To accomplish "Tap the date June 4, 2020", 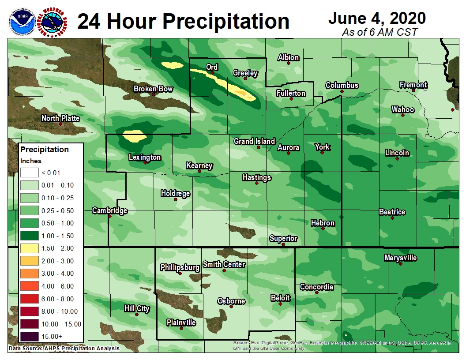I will pos(376,18).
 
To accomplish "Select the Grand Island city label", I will pos(254,141).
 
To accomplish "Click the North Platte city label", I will pos(60,118).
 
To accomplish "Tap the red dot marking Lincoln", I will pos(397,159).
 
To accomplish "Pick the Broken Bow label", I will pos(153,89).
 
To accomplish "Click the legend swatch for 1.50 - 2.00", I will pos(29,248).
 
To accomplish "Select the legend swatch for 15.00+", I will pos(29,337).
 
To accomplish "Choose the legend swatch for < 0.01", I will pos(29,172).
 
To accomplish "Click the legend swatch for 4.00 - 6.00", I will pos(29,286).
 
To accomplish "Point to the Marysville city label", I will pos(400,258).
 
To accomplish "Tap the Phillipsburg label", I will pos(180,267).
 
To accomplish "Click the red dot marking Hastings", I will pos(256,183).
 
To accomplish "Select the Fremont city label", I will pos(413,85).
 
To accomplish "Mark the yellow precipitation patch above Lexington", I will pos(134,136).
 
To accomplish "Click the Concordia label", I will pos(316,287).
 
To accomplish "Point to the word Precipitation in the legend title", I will pos(45,150).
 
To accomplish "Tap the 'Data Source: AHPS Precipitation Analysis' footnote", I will pos(64,349).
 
